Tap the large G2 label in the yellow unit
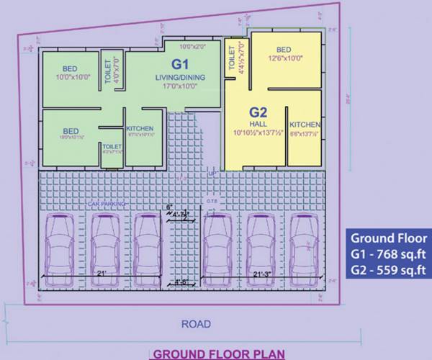pos(258,112)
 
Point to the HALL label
pos(258,124)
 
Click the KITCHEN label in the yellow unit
pos(305,125)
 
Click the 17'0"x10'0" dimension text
pos(176,85)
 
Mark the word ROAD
pos(196,325)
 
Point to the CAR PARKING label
pos(107,204)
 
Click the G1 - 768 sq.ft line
pos(389,253)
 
